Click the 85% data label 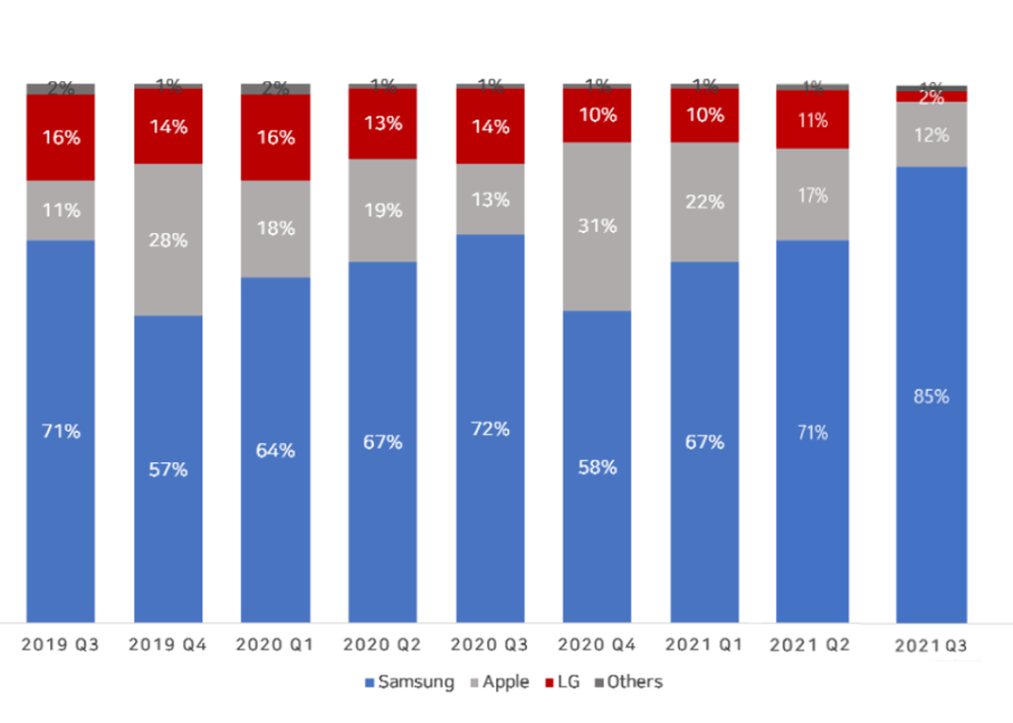click(x=931, y=396)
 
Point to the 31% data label click(x=597, y=226)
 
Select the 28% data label click(x=168, y=240)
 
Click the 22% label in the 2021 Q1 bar click(x=704, y=202)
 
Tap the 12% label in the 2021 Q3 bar click(x=931, y=135)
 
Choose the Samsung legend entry click(x=410, y=682)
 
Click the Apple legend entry click(x=500, y=682)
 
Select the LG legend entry click(x=563, y=682)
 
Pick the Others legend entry click(x=629, y=682)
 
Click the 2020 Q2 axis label click(x=382, y=645)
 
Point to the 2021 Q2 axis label click(x=810, y=645)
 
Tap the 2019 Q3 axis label click(x=60, y=645)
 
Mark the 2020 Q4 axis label click(x=597, y=645)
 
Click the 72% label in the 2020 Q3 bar click(x=490, y=429)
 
